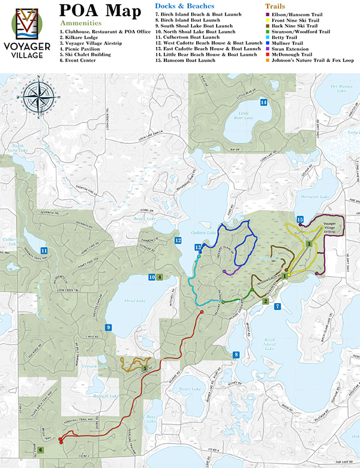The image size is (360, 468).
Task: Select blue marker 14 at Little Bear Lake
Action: click(x=263, y=103)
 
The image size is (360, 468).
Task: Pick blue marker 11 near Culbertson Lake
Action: click(x=44, y=250)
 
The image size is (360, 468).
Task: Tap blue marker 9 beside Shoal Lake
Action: click(x=108, y=327)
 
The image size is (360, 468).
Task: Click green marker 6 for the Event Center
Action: click(x=41, y=449)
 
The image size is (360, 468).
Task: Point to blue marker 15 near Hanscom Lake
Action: click(x=300, y=219)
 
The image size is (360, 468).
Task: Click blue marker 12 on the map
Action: click(x=178, y=241)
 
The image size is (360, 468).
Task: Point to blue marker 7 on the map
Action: click(x=277, y=307)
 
